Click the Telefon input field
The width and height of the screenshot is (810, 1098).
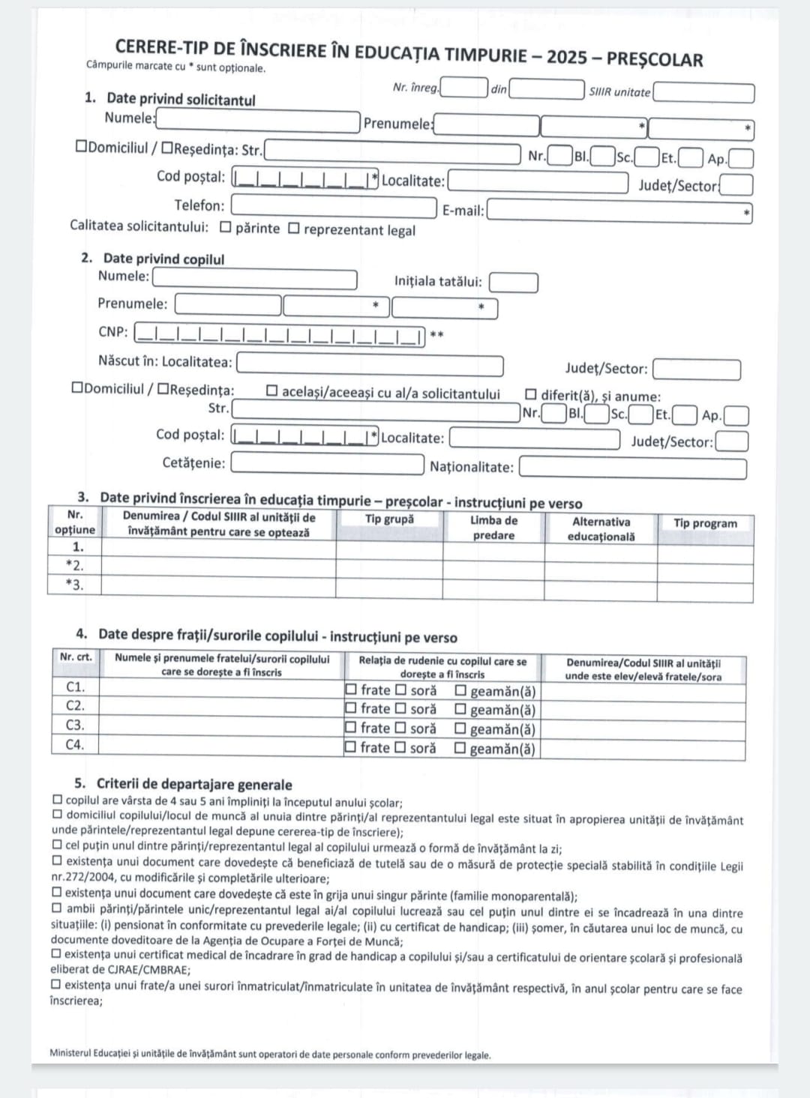point(334,206)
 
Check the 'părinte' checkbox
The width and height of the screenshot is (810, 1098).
point(226,228)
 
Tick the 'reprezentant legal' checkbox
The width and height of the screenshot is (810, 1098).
point(294,228)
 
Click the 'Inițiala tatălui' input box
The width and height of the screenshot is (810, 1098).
point(514,283)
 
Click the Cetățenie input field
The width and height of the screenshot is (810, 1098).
point(327,464)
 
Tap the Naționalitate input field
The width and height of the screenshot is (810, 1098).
point(632,468)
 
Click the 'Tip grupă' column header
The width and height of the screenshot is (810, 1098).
point(389,519)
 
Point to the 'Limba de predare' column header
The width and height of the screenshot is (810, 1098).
point(493,528)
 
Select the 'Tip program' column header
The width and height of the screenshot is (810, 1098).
point(705,523)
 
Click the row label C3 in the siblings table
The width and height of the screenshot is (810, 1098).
point(75,726)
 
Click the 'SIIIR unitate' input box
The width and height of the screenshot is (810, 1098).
point(703,93)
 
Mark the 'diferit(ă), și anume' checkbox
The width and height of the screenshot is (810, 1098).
point(531,394)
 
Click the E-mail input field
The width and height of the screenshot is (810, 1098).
point(619,212)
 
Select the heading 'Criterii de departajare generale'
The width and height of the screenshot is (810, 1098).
point(184,785)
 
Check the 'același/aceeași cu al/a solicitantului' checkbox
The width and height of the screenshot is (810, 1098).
point(271,391)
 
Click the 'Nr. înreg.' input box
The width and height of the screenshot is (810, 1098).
point(463,88)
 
